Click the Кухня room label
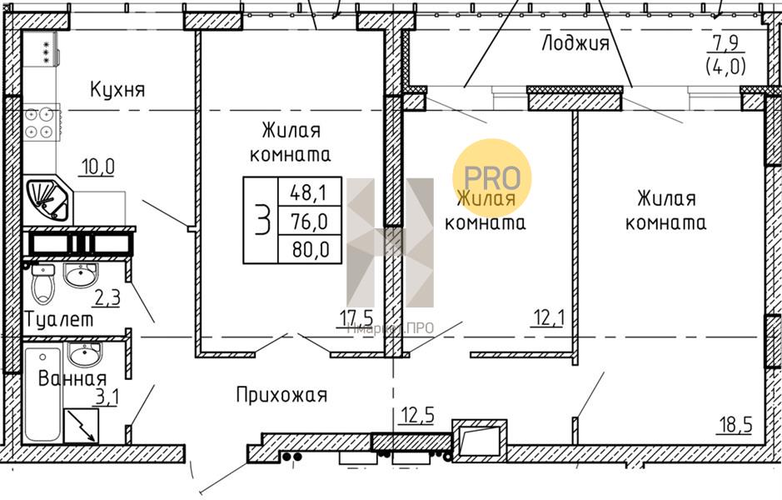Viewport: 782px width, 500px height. point(117,89)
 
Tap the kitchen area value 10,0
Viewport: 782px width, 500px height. point(97,167)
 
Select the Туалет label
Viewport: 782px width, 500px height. point(59,318)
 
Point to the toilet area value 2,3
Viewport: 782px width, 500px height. point(107,297)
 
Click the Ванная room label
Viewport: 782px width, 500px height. point(72,378)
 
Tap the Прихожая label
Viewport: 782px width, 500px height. point(281,395)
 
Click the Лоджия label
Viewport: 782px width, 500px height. point(575,43)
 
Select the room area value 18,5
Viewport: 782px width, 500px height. point(735,425)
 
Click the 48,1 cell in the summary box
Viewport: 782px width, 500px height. point(308,193)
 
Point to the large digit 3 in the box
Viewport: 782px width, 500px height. point(261,221)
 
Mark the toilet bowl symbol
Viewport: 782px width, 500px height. point(42,284)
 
